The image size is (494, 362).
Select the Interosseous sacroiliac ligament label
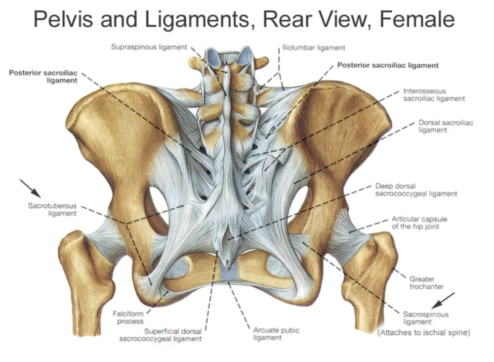pos(434,95)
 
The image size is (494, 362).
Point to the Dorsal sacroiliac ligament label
pos(446,126)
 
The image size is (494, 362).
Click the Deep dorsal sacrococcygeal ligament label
pos(416,190)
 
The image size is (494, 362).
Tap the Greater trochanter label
pos(426,283)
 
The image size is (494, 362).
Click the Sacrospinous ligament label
pos(426,318)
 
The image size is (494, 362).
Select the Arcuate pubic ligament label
pos(276,334)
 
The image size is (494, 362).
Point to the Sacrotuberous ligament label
pos(52,210)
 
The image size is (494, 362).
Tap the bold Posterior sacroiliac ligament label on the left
pos(43,77)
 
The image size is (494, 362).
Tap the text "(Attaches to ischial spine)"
pos(423,333)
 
